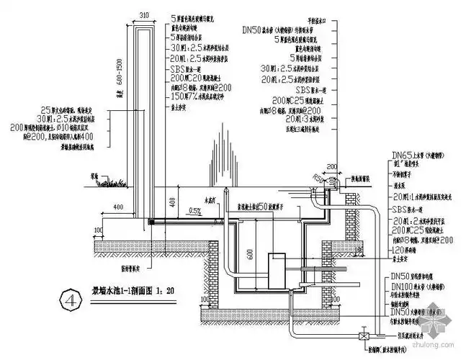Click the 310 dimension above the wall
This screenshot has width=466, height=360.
(143, 14)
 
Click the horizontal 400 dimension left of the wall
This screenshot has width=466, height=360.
(116, 207)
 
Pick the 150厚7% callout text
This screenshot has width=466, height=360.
(194, 94)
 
